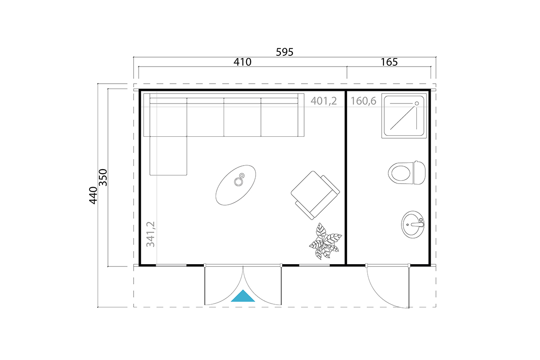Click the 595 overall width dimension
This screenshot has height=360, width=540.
pos(284,52)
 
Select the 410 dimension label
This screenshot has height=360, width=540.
pos(242,62)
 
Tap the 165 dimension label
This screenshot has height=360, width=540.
pos(389,62)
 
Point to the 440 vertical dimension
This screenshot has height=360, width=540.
pos(93,195)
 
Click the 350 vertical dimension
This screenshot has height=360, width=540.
pos(103,177)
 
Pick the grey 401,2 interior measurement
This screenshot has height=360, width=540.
pos(324,101)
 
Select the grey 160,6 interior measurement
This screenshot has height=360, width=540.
pos(363,101)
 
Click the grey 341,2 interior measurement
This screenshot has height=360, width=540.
pos(151,234)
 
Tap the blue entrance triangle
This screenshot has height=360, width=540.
pos(243,296)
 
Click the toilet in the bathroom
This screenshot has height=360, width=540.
pos(407,173)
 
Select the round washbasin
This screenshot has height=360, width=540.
pos(413,224)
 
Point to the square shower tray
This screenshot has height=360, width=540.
pos(404,116)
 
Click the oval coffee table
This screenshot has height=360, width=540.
pos(235,185)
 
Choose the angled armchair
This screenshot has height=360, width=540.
pos(315,195)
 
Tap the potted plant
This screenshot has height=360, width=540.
pos(325,241)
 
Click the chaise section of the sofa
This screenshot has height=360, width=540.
pos(168,156)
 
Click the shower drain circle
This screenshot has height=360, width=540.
pos(417,103)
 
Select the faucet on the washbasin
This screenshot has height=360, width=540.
pos(418,224)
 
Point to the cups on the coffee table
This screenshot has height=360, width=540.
pos(239,180)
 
